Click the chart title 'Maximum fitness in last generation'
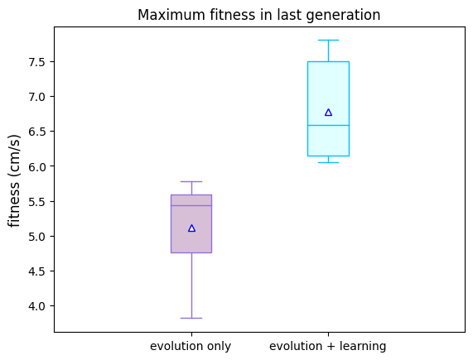pos(258,15)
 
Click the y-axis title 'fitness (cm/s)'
pos(14,181)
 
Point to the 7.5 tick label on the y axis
pos(36,62)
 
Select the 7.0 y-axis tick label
pos(36,97)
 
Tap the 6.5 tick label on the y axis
pos(36,132)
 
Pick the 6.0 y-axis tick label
pos(36,166)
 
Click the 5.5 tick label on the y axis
pos(36,201)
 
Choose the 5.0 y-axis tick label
pos(36,236)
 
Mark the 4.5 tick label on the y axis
pos(36,271)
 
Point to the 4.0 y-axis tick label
pos(36,306)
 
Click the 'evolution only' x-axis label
pos(191,347)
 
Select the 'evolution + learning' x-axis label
pos(328,347)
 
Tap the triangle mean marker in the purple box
pos(191,228)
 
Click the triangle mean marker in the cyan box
pos(329,113)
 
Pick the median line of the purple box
pos(191,205)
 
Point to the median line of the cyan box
pos(329,125)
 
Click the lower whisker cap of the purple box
pos(191,318)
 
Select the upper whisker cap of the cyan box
pos(329,40)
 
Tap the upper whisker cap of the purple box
pos(191,182)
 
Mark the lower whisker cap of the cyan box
pos(329,163)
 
